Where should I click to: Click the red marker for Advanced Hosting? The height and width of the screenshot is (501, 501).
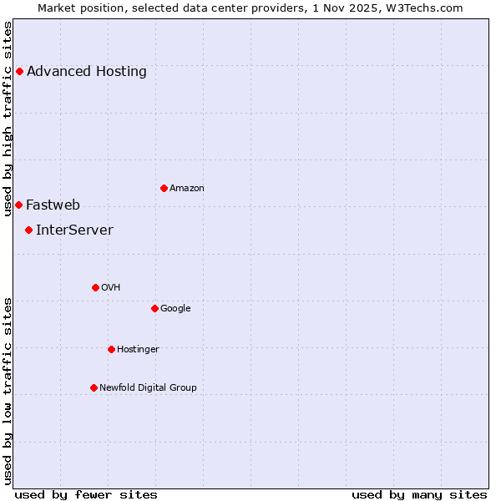(x=19, y=71)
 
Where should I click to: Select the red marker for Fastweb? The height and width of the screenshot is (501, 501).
(x=18, y=205)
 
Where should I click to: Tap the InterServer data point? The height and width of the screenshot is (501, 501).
(x=28, y=230)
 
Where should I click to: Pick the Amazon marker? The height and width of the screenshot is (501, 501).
(x=164, y=188)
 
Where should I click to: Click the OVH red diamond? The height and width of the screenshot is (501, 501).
(x=95, y=287)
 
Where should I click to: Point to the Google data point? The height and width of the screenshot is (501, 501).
(x=154, y=308)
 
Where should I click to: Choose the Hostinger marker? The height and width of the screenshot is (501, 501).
(x=111, y=349)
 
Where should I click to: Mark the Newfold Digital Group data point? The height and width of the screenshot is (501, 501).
(x=94, y=387)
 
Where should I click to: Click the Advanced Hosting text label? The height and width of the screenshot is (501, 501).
(x=87, y=71)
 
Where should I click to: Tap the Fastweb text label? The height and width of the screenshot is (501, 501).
(x=53, y=205)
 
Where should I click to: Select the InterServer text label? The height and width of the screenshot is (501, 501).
(x=74, y=230)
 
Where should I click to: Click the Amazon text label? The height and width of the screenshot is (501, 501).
(x=187, y=188)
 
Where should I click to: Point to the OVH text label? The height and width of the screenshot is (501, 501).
(x=111, y=287)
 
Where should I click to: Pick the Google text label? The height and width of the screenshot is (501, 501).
(x=175, y=308)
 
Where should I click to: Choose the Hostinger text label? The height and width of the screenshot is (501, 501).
(x=138, y=349)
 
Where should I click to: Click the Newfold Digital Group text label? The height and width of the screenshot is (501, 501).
(x=149, y=387)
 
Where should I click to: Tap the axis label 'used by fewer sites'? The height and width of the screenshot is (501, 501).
(x=86, y=494)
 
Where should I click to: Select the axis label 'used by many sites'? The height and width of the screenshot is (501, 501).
(x=419, y=494)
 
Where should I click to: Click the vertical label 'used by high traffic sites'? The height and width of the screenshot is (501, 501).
(x=8, y=119)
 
